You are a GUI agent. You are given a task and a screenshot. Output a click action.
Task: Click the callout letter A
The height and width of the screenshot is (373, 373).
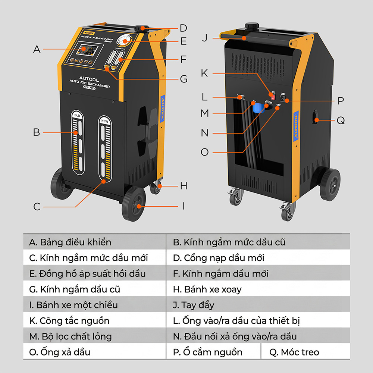click(x=37, y=49)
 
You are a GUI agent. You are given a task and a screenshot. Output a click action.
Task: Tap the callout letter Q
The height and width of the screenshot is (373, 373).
click(x=341, y=120)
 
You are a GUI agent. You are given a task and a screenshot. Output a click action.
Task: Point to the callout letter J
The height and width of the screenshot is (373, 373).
click(x=204, y=38)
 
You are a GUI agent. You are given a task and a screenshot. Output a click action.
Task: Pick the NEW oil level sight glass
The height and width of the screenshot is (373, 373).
click(x=105, y=149)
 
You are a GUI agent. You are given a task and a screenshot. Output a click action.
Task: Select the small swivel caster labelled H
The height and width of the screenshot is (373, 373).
click(x=156, y=188)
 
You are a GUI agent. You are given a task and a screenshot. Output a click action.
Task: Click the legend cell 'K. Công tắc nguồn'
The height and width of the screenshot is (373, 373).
click(x=95, y=320)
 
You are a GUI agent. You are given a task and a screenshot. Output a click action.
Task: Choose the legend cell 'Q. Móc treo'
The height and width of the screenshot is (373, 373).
click(x=305, y=352)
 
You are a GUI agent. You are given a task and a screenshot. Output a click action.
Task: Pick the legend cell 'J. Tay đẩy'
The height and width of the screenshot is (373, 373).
click(x=257, y=305)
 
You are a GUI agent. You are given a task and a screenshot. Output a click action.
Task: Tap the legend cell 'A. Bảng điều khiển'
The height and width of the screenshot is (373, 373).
click(x=95, y=242)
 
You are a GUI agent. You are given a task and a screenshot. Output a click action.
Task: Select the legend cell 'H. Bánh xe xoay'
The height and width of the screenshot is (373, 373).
click(x=257, y=289)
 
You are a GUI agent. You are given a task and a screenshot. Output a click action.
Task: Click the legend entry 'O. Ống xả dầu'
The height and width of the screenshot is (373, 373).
click(x=95, y=352)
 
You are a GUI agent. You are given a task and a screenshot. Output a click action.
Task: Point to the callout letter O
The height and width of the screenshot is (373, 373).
click(x=204, y=152)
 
